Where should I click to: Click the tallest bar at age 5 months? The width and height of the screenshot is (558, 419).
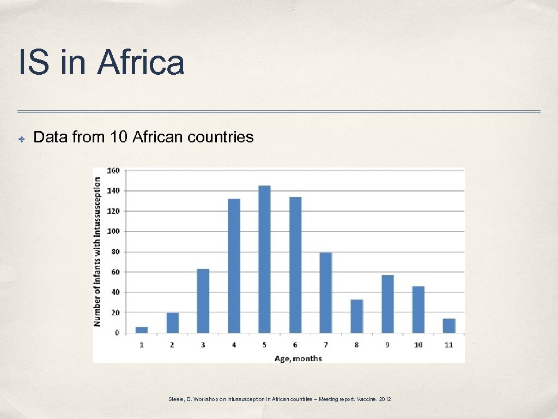pos(264,259)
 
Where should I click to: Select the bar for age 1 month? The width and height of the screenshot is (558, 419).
pos(142,330)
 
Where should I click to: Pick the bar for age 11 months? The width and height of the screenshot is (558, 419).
pos(449,326)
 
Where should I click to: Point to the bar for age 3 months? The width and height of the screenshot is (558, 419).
pos(203,301)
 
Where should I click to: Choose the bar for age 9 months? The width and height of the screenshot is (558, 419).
pos(387,304)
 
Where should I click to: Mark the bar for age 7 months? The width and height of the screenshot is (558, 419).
pos(326,292)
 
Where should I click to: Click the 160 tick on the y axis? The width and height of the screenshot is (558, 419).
pos(113,171)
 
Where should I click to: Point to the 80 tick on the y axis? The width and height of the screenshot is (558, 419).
pos(115,252)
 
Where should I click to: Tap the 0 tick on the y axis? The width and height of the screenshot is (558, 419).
pos(117,333)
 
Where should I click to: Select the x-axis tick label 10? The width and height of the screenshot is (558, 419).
pos(418,345)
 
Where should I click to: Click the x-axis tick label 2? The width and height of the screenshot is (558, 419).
pos(172,345)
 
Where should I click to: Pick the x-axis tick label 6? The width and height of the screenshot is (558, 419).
pos(295,345)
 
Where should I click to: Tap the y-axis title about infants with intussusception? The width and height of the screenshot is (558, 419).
pos(98,251)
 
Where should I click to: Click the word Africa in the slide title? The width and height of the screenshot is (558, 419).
pos(141,63)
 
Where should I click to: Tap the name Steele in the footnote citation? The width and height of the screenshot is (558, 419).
pos(176,400)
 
